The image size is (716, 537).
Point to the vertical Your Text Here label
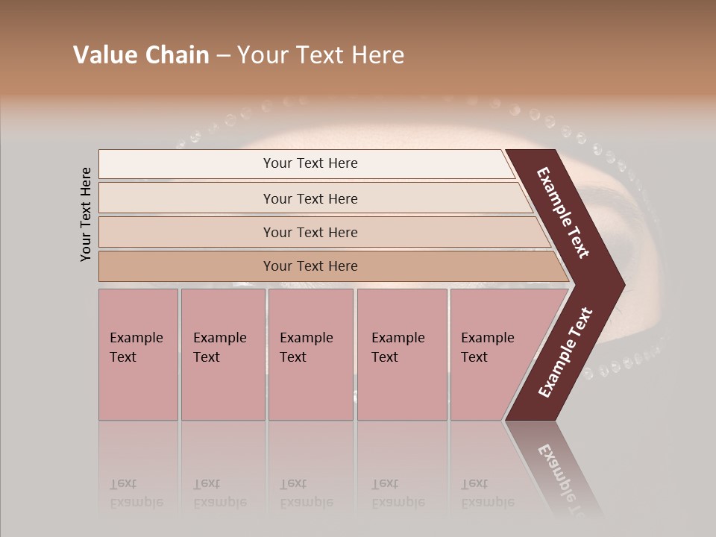pyautogui.click(x=86, y=214)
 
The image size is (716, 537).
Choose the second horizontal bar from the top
pyautogui.click(x=310, y=198)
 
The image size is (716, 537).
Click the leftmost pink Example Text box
pyautogui.click(x=138, y=354)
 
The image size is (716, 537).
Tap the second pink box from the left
pyautogui.click(x=223, y=354)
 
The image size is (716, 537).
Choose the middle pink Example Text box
pyautogui.click(x=310, y=354)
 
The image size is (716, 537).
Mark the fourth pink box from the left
pyautogui.click(x=402, y=354)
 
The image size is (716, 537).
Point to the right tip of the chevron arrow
pyautogui.click(x=623, y=284)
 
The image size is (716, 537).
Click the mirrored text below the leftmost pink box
pyautogui.click(x=136, y=493)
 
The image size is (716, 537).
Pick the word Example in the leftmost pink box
pyautogui.click(x=136, y=338)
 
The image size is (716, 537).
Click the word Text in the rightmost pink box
pyautogui.click(x=474, y=357)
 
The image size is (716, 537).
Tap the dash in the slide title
pyautogui.click(x=223, y=56)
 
